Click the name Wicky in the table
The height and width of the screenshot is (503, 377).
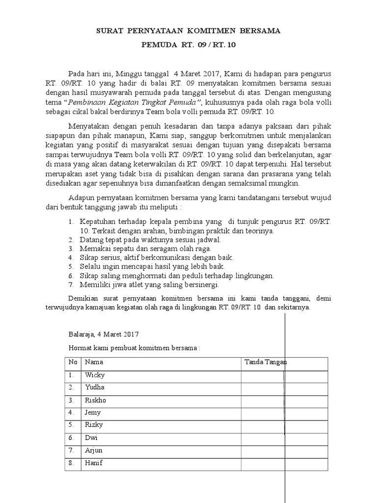pyautogui.click(x=95, y=375)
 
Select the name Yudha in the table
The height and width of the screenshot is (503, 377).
pyautogui.click(x=95, y=388)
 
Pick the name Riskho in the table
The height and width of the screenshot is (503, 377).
pyautogui.click(x=96, y=400)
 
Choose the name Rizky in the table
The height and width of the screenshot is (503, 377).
pyautogui.click(x=94, y=425)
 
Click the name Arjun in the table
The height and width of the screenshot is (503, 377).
pyautogui.click(x=94, y=450)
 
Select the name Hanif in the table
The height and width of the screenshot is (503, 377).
pyautogui.click(x=94, y=462)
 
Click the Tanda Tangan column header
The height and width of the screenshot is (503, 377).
pyautogui.click(x=266, y=363)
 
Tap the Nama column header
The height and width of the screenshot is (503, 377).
pyautogui.click(x=94, y=363)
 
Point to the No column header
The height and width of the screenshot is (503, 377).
pyautogui.click(x=73, y=363)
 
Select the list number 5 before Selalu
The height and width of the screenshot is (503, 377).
pyautogui.click(x=71, y=266)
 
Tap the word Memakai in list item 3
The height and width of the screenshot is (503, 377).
pyautogui.click(x=93, y=249)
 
